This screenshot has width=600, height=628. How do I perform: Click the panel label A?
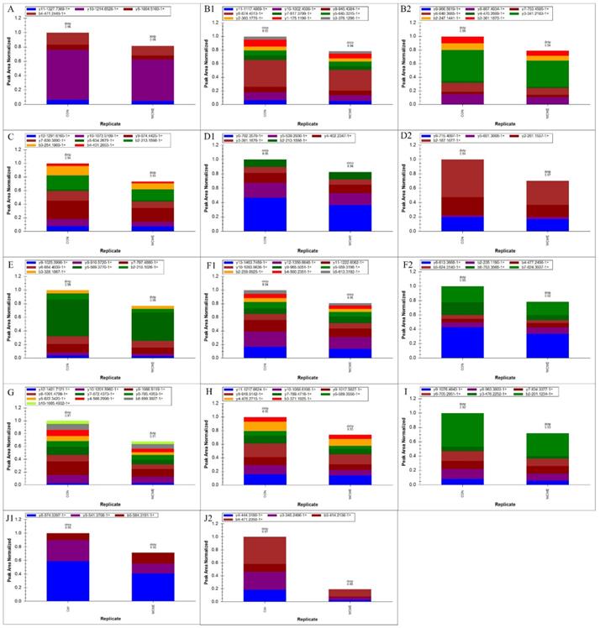(x=8, y=8)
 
